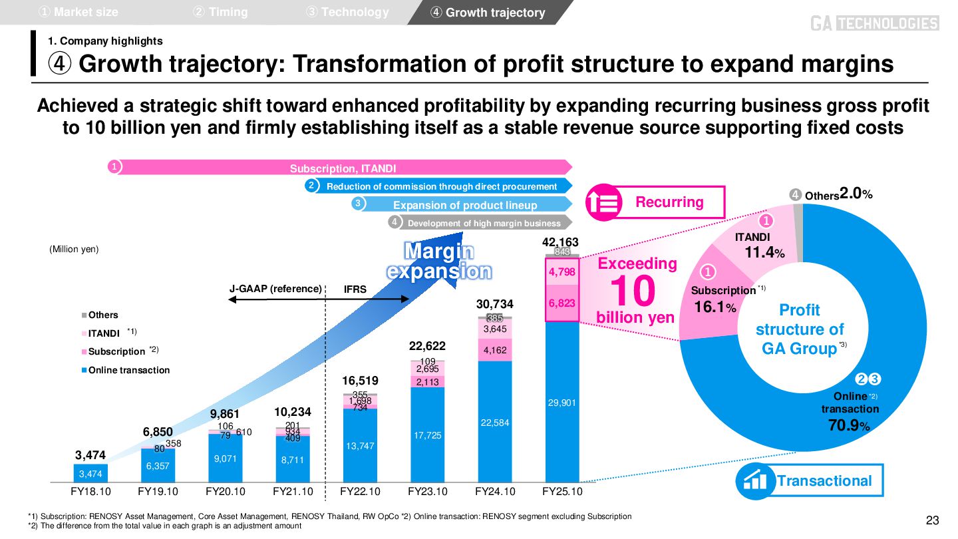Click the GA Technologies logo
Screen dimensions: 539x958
coord(874,24)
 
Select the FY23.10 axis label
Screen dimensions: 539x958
coord(427,492)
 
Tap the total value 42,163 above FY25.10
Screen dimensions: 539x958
coord(560,243)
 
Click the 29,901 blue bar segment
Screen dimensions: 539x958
coord(562,403)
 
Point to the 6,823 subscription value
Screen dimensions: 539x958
coord(562,303)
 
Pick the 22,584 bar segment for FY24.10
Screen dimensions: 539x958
coord(494,422)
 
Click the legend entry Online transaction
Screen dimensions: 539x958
coord(128,370)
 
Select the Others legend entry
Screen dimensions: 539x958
coord(102,315)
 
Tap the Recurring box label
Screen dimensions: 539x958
coord(669,202)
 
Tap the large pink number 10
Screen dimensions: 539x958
coord(633,291)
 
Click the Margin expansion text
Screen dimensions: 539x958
coord(440,262)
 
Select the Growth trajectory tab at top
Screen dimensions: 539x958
coord(489,13)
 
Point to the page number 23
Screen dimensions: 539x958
coord(932,520)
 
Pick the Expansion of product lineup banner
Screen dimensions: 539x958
coord(464,205)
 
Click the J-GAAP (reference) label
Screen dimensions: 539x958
coord(275,289)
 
